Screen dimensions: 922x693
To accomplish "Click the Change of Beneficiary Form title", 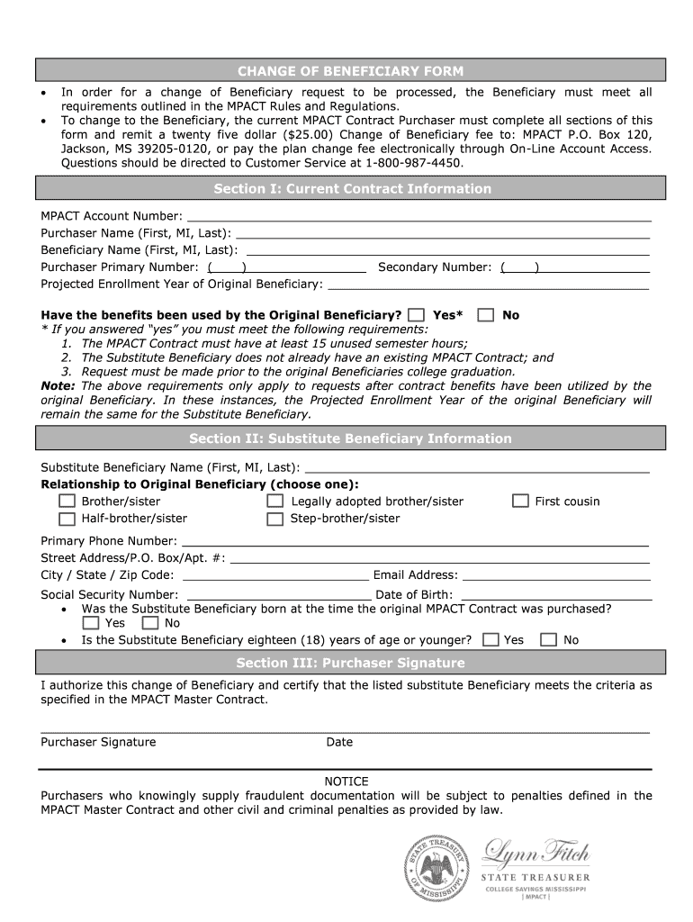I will [x=350, y=71].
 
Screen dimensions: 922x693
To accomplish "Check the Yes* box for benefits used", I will [x=416, y=315].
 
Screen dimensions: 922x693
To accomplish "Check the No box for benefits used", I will [x=486, y=315].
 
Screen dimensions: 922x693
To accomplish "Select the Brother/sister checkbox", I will [x=67, y=502].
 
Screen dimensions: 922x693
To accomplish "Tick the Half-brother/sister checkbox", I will [x=67, y=519].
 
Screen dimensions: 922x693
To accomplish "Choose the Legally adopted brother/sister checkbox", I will [x=275, y=502].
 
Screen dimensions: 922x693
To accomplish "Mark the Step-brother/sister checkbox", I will [x=275, y=519].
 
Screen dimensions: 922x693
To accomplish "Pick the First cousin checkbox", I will [x=520, y=502].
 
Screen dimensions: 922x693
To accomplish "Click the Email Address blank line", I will [x=555, y=581].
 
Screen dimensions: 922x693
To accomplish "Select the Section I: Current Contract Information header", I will [x=352, y=189].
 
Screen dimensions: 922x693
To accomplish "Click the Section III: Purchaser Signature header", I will [x=350, y=663].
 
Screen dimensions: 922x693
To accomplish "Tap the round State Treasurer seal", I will [x=436, y=869].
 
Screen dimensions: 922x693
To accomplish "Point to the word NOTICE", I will [x=346, y=782].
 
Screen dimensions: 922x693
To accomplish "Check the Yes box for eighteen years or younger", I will [x=490, y=640].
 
